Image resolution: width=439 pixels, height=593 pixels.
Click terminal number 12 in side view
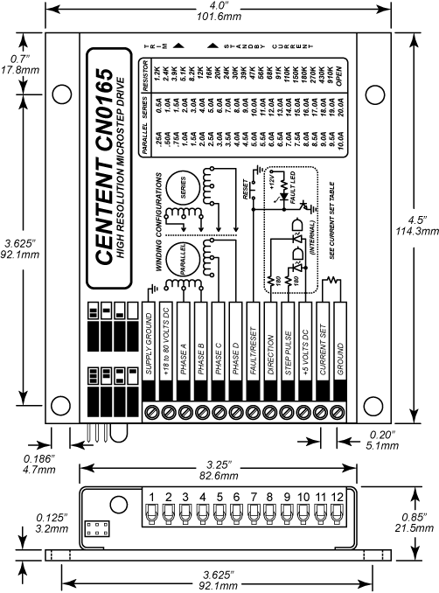click(x=338, y=497)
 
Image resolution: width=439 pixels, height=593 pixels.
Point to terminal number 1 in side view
click(x=151, y=497)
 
